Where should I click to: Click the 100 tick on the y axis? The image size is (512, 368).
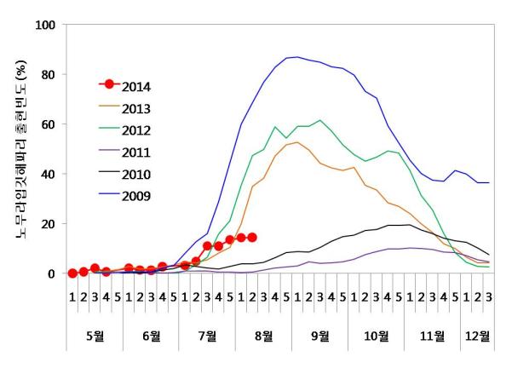43,25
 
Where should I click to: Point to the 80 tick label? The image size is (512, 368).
47,75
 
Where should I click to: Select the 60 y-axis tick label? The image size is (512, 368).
47,124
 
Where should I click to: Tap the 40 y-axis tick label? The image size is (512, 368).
47,175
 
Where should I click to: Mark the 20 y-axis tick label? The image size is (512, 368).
47,224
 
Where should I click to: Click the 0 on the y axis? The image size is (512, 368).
51,273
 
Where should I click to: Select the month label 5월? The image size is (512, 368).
95,335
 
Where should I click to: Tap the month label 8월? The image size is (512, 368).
263,335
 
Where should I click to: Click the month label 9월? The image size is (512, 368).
319,335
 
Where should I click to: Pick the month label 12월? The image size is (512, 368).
477,335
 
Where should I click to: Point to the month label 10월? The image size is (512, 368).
376,335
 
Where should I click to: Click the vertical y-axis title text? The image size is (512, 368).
19,149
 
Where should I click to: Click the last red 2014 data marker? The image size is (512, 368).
252,238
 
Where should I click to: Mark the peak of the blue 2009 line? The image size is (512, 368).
296,57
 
